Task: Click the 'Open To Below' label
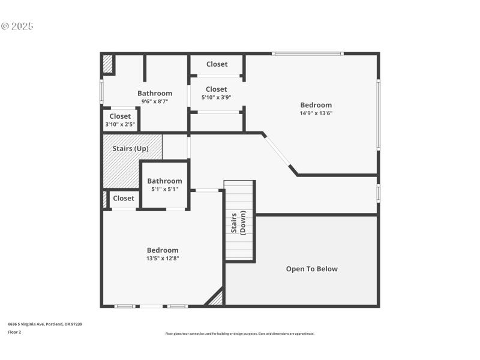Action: coord(311,269)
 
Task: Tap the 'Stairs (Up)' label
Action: coord(130,148)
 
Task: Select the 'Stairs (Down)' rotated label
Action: coord(239,223)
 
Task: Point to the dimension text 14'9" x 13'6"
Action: coord(316,113)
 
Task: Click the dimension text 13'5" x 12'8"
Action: coord(163,258)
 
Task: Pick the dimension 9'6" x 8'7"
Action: coord(154,101)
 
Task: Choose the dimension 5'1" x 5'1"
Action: coord(164,189)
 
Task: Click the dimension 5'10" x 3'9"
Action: coord(217,97)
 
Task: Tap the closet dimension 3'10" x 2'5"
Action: coord(120,124)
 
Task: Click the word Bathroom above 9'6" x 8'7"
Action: coord(155,93)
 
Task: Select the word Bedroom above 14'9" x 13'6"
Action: coord(316,105)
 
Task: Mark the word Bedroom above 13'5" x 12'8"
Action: coord(163,250)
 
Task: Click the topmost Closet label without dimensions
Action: coord(217,64)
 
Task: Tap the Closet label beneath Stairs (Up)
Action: coord(124,198)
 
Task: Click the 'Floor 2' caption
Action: coord(14,332)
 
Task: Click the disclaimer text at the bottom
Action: coord(240,334)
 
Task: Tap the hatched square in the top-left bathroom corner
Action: coord(107,64)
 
